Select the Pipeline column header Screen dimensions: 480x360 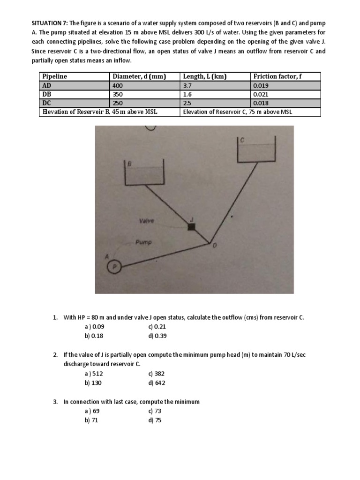[55, 76]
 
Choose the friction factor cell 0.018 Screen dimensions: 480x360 [259, 103]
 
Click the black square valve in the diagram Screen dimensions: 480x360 [191, 227]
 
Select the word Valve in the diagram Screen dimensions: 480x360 [146, 220]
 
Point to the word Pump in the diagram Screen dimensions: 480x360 [142, 242]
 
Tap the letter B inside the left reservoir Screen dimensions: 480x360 [130, 164]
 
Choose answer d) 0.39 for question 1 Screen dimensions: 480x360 [157, 336]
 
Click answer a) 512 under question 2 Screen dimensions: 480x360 [94, 374]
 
